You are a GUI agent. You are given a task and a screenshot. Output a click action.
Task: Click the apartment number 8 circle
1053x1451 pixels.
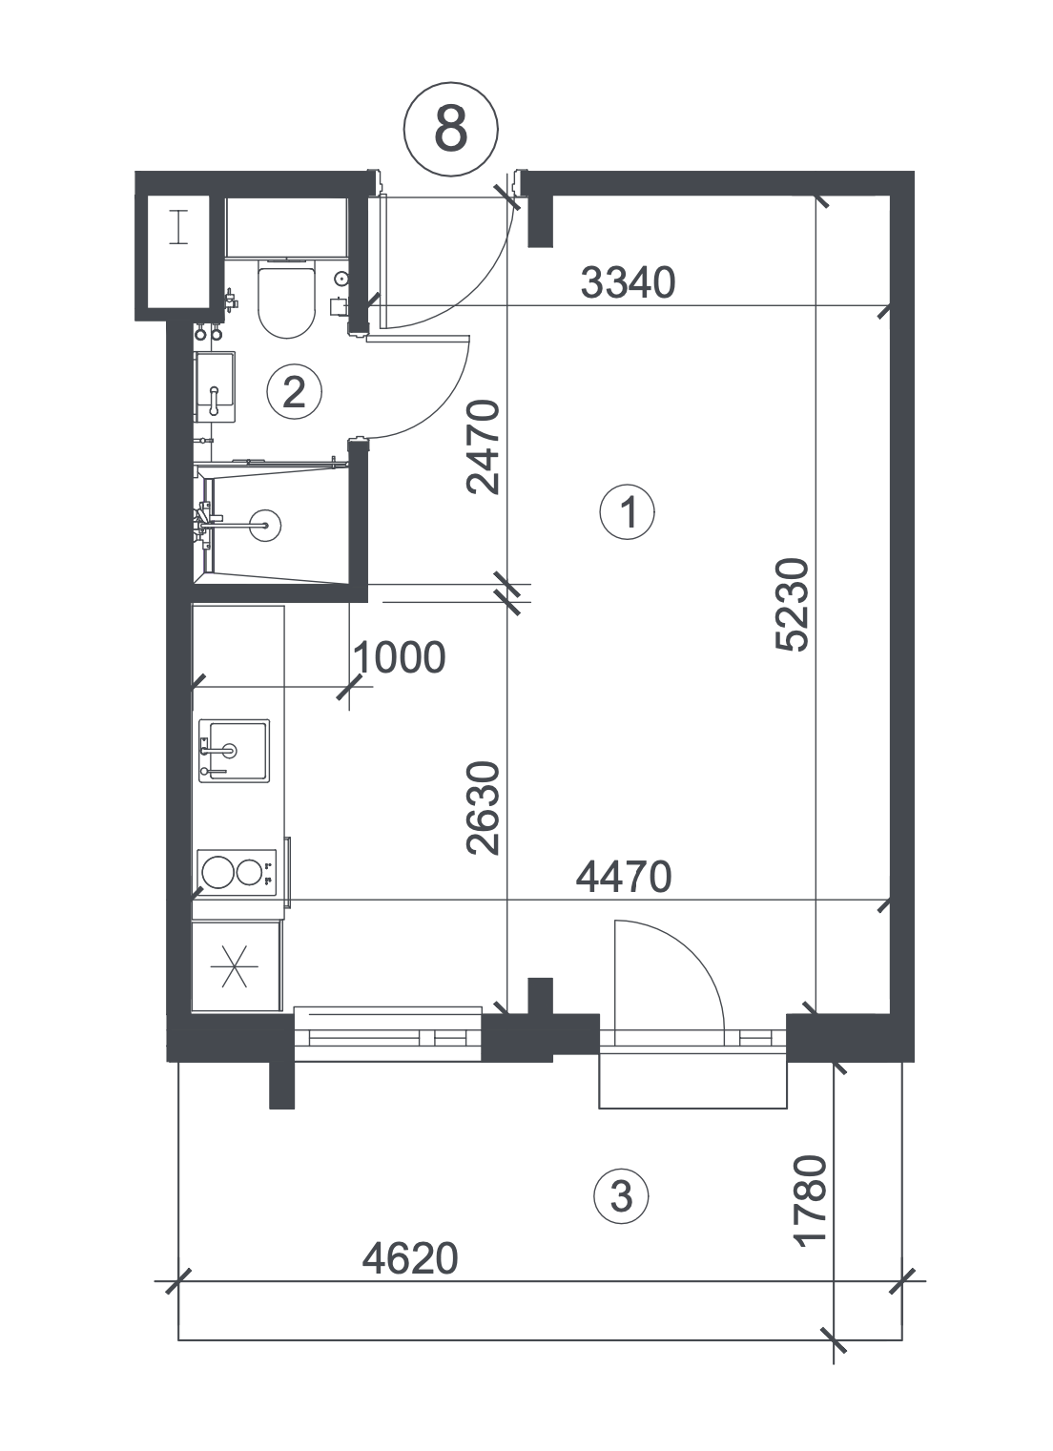pyautogui.click(x=451, y=130)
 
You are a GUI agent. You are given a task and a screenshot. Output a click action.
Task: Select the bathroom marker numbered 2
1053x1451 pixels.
pyautogui.click(x=294, y=391)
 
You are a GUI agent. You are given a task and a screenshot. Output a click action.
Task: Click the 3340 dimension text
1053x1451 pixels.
pyautogui.click(x=628, y=283)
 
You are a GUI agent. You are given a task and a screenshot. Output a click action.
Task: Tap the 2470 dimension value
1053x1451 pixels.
pyautogui.click(x=484, y=447)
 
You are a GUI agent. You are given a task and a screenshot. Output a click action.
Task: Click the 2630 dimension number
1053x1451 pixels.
pyautogui.click(x=484, y=808)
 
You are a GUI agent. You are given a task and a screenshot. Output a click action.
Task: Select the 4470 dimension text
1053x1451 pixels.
pyautogui.click(x=624, y=878)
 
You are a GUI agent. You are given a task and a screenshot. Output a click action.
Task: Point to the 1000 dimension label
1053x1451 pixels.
pyautogui.click(x=400, y=657)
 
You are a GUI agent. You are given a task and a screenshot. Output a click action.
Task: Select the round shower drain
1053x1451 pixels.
pyautogui.click(x=265, y=525)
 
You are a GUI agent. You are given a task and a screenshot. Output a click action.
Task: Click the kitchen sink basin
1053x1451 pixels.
pyautogui.click(x=234, y=751)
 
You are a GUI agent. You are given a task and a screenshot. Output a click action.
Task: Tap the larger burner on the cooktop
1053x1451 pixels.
pyautogui.click(x=217, y=872)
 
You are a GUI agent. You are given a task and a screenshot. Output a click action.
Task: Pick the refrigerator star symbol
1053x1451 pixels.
pyautogui.click(x=234, y=966)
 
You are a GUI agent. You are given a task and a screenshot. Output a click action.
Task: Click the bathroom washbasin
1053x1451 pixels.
pyautogui.click(x=215, y=386)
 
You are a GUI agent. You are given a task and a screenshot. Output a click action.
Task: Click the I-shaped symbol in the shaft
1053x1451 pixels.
pyautogui.click(x=178, y=227)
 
